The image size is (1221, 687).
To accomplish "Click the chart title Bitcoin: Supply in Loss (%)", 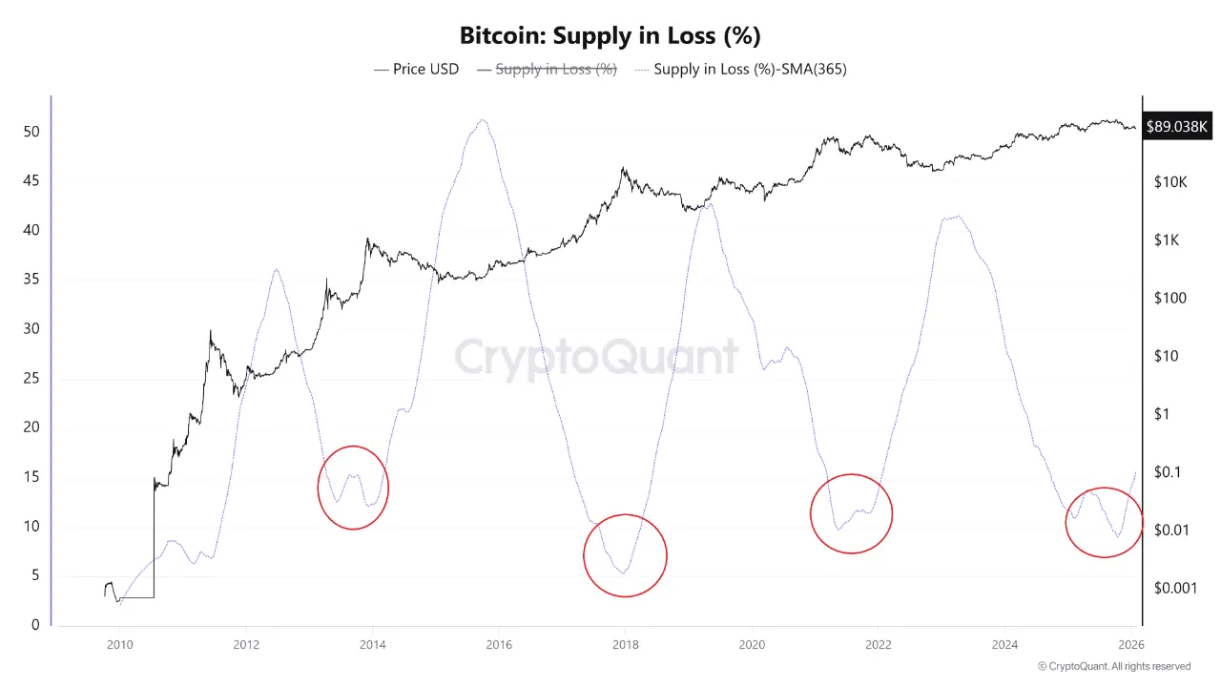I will click(610, 35).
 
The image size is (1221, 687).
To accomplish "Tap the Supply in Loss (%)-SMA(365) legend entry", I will click(740, 69).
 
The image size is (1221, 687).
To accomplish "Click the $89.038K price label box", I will click(1176, 126).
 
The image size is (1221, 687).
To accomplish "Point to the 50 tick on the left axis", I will click(31, 132).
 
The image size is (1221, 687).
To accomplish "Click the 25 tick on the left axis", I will click(31, 378).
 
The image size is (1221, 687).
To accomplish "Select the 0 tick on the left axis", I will click(35, 625).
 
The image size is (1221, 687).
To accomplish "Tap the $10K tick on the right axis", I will click(1169, 181).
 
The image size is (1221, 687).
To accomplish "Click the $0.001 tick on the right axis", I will click(1176, 588).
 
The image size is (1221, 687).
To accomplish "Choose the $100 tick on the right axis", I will click(1169, 298).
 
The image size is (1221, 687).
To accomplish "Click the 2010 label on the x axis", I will click(119, 645).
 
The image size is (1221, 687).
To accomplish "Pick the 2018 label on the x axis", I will click(625, 645).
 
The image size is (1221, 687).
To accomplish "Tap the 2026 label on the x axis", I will click(1130, 645).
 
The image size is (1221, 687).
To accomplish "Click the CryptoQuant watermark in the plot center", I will click(596, 357).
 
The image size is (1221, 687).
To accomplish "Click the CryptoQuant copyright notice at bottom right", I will click(1113, 666).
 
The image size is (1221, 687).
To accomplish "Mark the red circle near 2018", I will click(625, 555).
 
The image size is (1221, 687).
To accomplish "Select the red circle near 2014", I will click(353, 488).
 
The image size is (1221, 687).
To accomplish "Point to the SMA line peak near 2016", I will click(484, 120).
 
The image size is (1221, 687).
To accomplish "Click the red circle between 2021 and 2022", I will click(851, 513).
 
